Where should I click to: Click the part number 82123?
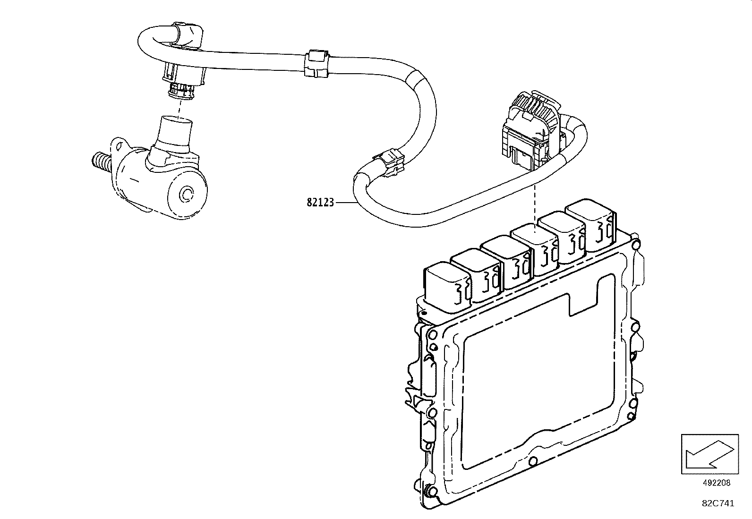click(x=320, y=203)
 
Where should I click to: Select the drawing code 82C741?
click(x=717, y=504)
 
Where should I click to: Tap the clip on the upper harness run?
click(x=317, y=64)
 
